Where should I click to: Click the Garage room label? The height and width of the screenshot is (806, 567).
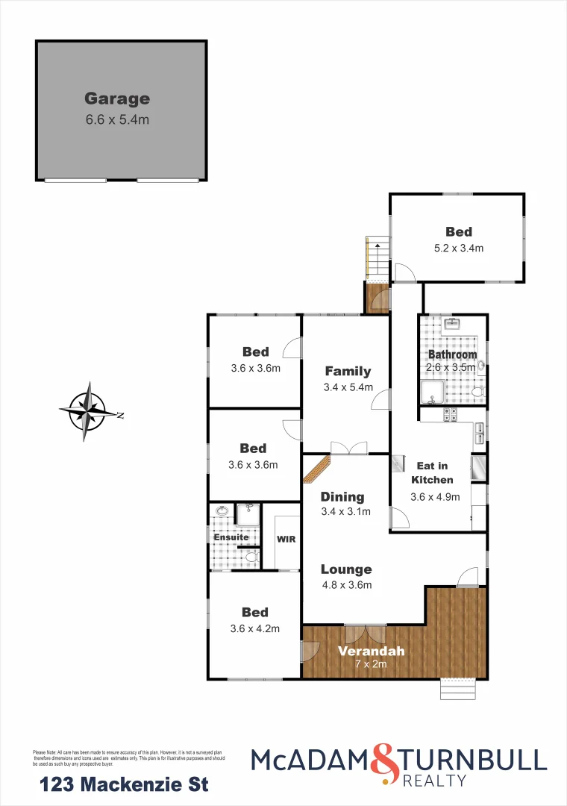[x=117, y=99]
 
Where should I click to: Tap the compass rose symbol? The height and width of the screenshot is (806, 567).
[x=89, y=407]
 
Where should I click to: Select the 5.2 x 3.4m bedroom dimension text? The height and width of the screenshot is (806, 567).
[x=459, y=249]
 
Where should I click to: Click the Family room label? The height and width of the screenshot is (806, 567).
[x=348, y=371]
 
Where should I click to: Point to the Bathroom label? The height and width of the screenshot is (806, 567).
[x=452, y=354]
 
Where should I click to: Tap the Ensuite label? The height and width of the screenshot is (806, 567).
[x=231, y=537]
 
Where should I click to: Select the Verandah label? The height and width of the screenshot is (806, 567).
[x=372, y=651]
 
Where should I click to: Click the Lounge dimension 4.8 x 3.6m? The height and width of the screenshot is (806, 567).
[x=346, y=585]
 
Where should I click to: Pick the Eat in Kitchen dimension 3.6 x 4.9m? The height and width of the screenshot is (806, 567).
[x=435, y=496]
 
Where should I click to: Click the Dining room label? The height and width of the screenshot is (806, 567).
[x=342, y=496]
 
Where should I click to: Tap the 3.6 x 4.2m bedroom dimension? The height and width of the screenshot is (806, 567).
[x=255, y=628]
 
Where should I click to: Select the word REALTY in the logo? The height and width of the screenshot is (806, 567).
[x=434, y=781]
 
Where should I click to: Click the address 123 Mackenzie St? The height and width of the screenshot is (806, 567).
[x=124, y=784]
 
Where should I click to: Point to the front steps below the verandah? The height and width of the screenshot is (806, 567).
[x=457, y=688]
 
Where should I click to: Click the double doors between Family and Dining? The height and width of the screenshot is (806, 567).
[x=348, y=448]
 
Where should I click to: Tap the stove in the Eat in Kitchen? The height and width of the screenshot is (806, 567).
[x=451, y=416]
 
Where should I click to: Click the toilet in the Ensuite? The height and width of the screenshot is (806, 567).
[x=251, y=557]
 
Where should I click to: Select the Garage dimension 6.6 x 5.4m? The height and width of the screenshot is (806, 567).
[x=117, y=119]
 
